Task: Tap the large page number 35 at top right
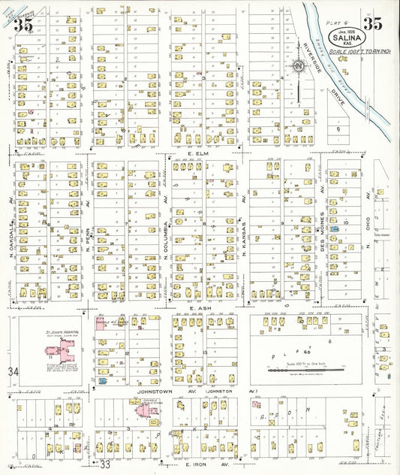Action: coord(374,23)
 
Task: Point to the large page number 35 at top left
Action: coord(23,23)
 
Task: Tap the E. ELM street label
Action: coord(197,154)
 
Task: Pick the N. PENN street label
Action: coord(88,241)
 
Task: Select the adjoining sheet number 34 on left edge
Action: coord(12,372)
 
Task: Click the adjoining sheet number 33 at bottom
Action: coord(106,464)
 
